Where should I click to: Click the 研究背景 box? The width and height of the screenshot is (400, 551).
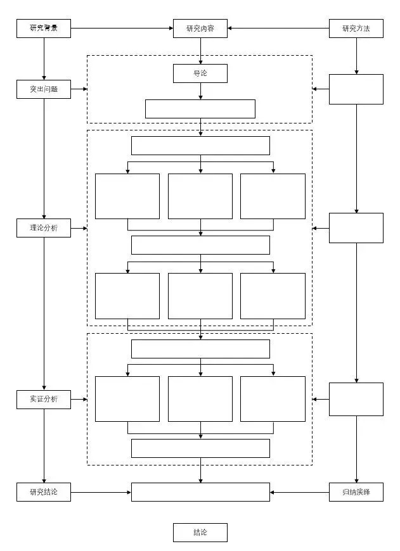coord(44,28)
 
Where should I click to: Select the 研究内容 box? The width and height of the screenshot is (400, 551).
coord(200,28)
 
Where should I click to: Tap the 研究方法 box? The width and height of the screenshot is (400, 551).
coord(356,28)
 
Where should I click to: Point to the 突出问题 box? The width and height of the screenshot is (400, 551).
coord(44,89)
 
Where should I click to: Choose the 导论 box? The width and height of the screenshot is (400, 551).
coord(200,73)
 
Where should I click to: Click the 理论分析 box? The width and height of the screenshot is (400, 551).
coord(44,228)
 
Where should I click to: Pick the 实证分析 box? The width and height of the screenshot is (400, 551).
coord(44,400)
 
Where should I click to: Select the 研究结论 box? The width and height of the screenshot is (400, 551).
coord(44,492)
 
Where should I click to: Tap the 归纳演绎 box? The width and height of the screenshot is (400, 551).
coord(356,492)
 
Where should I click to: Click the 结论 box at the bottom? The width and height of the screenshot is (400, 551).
coord(200,533)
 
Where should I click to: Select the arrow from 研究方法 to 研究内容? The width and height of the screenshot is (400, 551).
coord(278,28)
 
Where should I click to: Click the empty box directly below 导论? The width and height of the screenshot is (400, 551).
coord(200,109)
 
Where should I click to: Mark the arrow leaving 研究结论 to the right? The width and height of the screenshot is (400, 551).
coord(101,492)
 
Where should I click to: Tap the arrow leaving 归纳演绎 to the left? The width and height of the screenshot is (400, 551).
coord(299,492)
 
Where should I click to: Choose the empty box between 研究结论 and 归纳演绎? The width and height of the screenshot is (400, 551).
coord(200,492)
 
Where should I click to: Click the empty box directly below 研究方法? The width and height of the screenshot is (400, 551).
coord(356,89)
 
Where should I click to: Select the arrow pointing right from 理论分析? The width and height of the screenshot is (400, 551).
coord(79,228)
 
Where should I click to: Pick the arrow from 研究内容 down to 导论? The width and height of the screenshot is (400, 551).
coord(200,51)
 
